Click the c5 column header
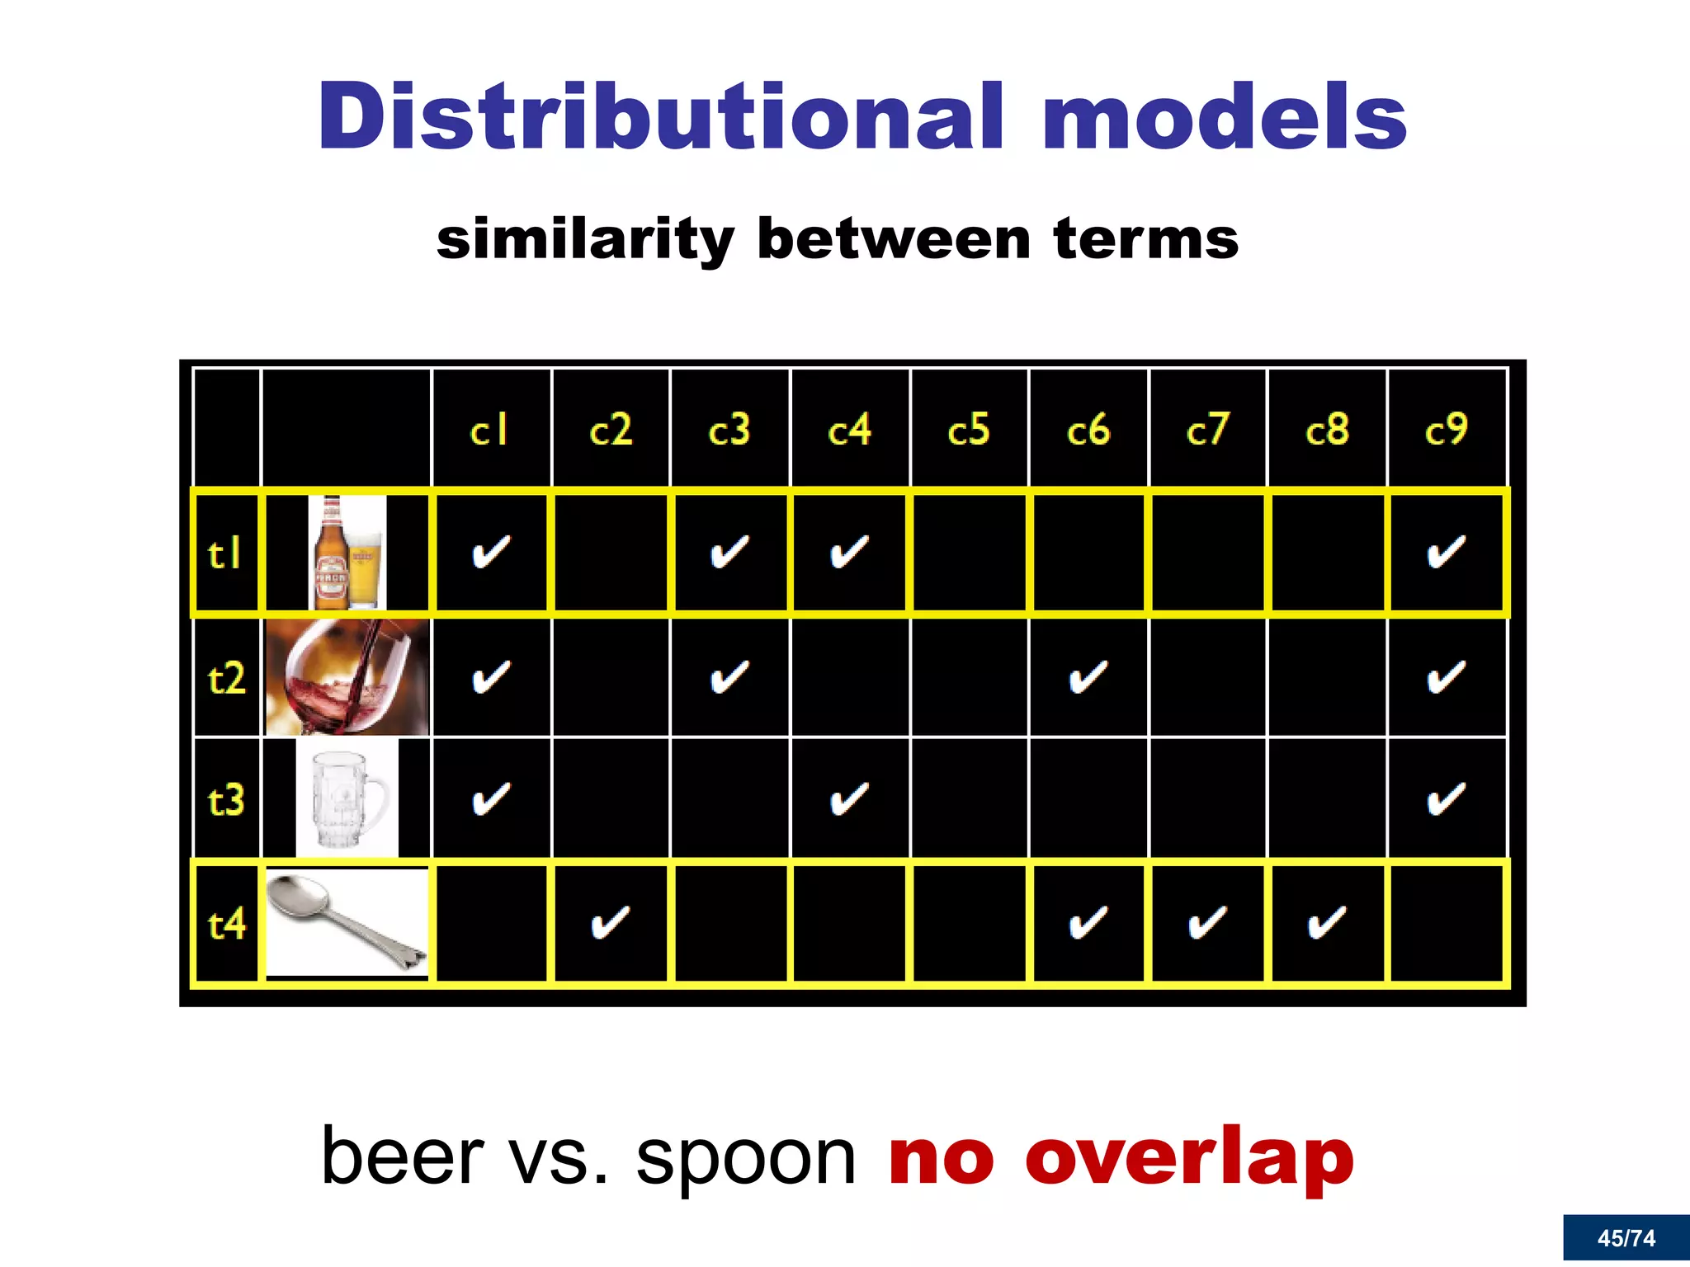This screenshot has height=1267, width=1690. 969,430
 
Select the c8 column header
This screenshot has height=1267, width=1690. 1327,430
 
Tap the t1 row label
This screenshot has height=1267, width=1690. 224,553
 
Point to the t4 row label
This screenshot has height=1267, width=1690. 226,924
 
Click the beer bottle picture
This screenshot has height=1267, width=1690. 331,553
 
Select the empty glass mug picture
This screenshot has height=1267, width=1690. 347,798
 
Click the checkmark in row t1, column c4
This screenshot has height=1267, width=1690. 849,553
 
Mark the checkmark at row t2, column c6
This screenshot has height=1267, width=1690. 1088,678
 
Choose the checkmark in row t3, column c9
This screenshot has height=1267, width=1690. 1446,798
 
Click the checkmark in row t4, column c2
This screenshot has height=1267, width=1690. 611,922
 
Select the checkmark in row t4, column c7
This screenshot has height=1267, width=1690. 1207,922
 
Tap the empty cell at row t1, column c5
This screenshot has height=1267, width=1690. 969,553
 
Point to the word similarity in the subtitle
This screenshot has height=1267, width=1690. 584,239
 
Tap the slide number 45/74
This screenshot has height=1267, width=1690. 1626,1238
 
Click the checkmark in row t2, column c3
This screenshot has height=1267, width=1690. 729,678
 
